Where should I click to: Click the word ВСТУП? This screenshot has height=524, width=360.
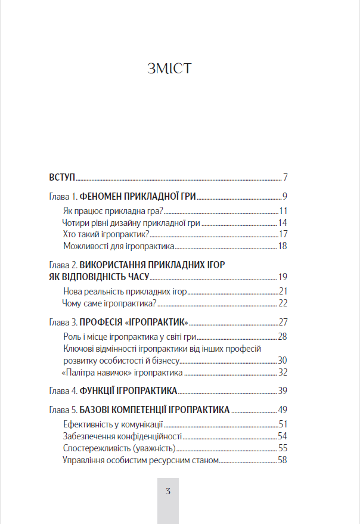[x=61, y=178]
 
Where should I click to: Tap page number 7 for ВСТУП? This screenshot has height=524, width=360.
[x=285, y=178]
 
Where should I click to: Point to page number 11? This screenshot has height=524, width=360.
[x=283, y=210]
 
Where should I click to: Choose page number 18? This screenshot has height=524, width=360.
[x=283, y=246]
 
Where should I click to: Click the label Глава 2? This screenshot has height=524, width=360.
[x=63, y=264]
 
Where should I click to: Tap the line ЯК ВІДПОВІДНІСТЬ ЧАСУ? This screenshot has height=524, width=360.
[x=98, y=276]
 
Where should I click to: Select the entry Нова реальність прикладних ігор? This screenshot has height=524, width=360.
[x=125, y=291]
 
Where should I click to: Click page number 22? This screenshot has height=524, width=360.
[x=283, y=303]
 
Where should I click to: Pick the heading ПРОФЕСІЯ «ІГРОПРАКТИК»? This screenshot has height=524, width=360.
[x=134, y=322]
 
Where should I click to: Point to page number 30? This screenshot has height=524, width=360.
[x=283, y=361]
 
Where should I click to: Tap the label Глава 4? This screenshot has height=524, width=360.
[x=63, y=391]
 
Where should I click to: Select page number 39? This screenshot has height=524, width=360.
[x=283, y=391]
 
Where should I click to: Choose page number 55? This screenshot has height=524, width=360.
[x=283, y=448]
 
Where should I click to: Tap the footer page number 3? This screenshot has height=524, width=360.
[x=169, y=492]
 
